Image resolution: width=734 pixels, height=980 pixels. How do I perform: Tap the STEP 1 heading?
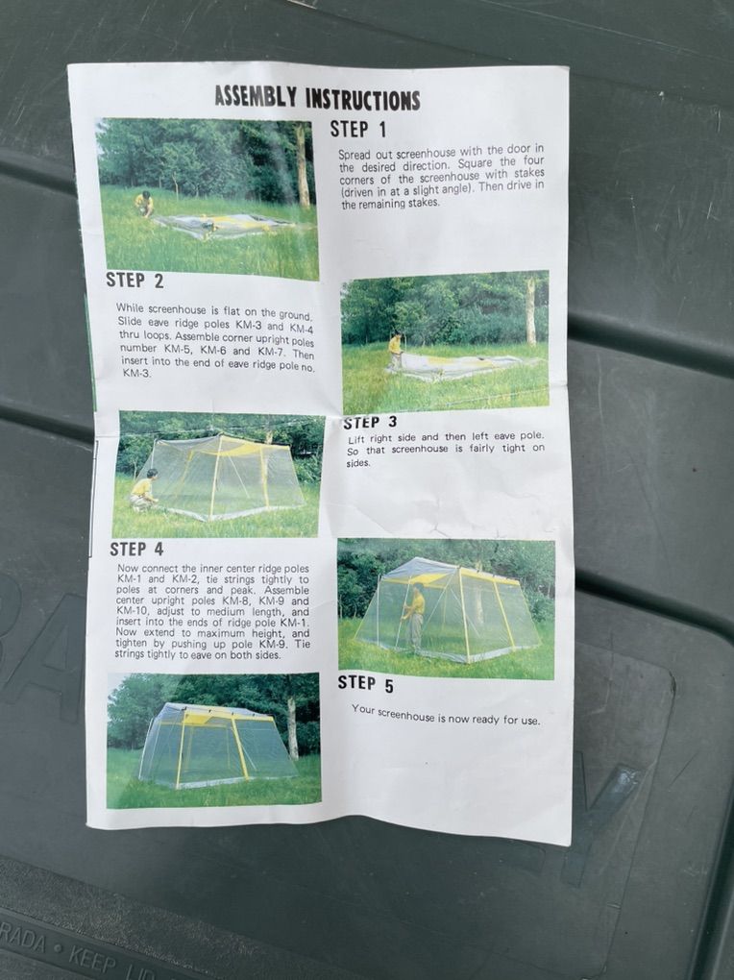click(358, 130)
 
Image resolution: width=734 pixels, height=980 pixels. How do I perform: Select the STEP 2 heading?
click(135, 280)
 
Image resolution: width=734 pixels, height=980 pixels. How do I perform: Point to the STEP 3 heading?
click(370, 423)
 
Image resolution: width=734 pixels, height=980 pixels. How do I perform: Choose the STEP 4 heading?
click(136, 550)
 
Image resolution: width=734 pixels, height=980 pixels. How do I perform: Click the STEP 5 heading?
click(366, 684)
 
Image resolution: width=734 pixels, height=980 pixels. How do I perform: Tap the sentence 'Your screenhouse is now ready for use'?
click(446, 715)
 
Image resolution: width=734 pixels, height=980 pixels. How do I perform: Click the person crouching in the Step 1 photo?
click(144, 205)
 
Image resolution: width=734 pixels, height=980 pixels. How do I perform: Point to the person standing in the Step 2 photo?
click(395, 351)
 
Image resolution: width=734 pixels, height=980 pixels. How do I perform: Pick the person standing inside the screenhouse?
click(414, 615)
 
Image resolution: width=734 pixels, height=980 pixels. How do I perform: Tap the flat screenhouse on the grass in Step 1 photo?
click(223, 226)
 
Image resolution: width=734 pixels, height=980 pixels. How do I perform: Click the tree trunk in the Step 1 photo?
click(303, 165)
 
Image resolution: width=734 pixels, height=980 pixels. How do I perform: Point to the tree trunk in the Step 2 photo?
click(530, 310)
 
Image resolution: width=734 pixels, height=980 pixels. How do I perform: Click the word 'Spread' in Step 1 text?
click(353, 155)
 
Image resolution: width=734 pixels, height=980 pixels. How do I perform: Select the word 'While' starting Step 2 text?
click(130, 307)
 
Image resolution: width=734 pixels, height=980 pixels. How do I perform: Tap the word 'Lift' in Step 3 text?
click(356, 439)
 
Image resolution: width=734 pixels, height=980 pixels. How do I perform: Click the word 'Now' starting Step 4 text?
click(128, 568)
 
